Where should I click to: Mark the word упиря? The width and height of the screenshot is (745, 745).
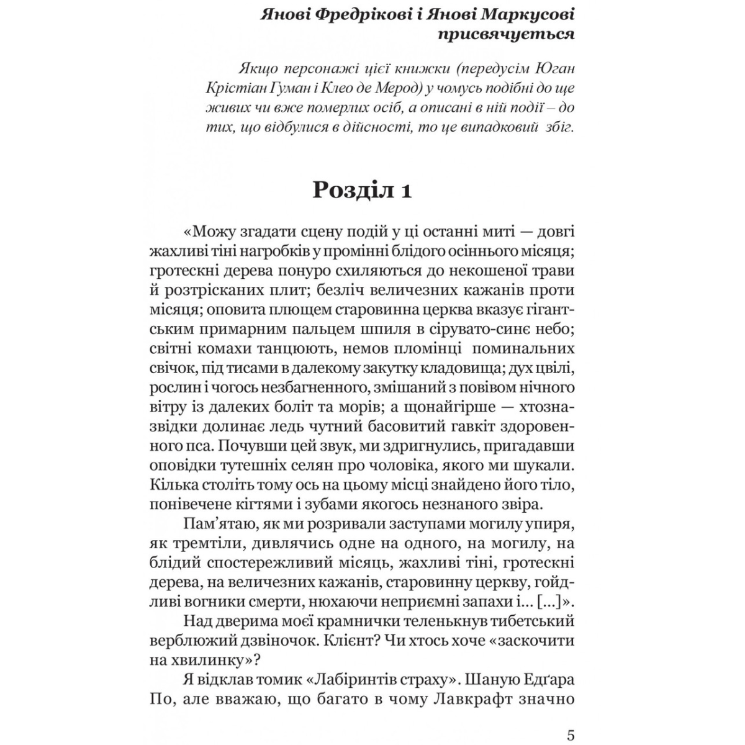548,526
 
